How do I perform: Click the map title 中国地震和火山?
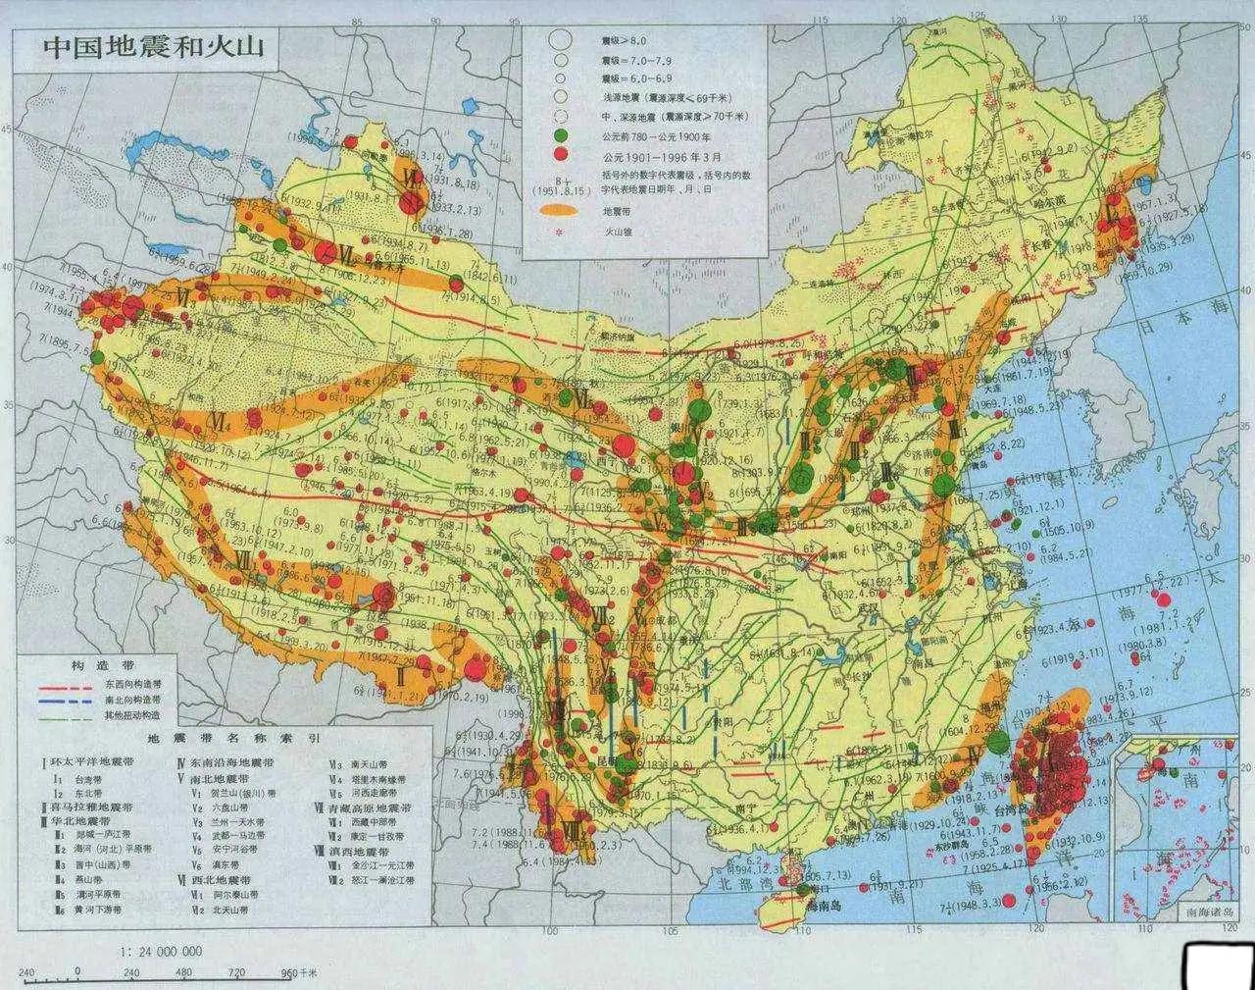pyautogui.click(x=142, y=48)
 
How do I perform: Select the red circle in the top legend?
pyautogui.click(x=561, y=155)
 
